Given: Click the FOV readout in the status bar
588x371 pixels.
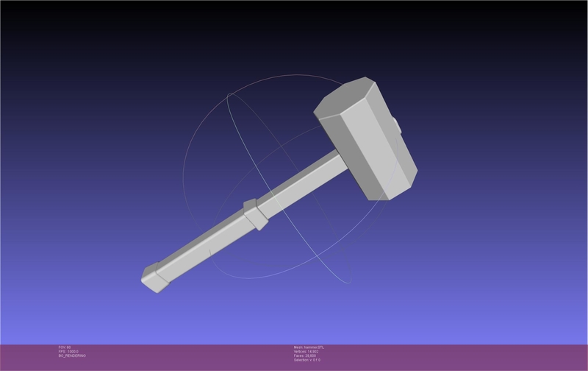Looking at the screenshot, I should [x=64, y=347].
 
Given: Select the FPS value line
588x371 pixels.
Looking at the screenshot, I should [x=68, y=351].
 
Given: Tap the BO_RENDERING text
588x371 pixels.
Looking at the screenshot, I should [x=72, y=356].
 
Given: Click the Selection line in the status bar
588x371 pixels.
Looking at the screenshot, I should [x=306, y=360].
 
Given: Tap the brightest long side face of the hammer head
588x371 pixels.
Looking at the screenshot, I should [x=375, y=147].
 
